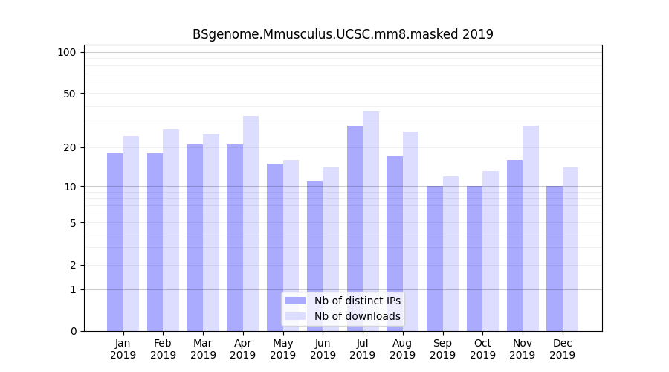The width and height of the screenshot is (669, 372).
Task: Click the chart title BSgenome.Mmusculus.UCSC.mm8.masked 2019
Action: click(343, 34)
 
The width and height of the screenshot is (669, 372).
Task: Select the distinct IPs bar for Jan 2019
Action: click(115, 242)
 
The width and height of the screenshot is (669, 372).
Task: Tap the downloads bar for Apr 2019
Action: click(251, 223)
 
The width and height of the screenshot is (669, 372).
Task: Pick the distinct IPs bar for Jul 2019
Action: click(355, 228)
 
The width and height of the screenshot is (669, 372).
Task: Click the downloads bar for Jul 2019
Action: click(371, 221)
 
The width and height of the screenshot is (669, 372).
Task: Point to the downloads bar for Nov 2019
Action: click(531, 228)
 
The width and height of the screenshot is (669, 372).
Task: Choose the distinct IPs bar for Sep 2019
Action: click(435, 258)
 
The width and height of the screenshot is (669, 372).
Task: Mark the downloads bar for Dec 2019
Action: click(570, 249)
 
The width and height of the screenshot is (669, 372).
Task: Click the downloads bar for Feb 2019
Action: click(171, 230)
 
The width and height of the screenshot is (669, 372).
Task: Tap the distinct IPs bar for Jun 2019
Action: click(314, 256)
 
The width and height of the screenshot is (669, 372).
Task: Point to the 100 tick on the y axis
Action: click(67, 52)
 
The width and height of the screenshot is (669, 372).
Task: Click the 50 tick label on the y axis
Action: click(70, 94)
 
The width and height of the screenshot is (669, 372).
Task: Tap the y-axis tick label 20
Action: click(70, 147)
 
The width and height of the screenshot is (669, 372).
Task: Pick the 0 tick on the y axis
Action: click(73, 331)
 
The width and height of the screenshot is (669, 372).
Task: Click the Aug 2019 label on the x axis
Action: click(403, 349)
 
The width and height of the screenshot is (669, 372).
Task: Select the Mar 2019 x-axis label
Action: click(203, 349)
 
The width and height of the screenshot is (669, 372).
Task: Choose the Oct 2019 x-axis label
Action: click(482, 349)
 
